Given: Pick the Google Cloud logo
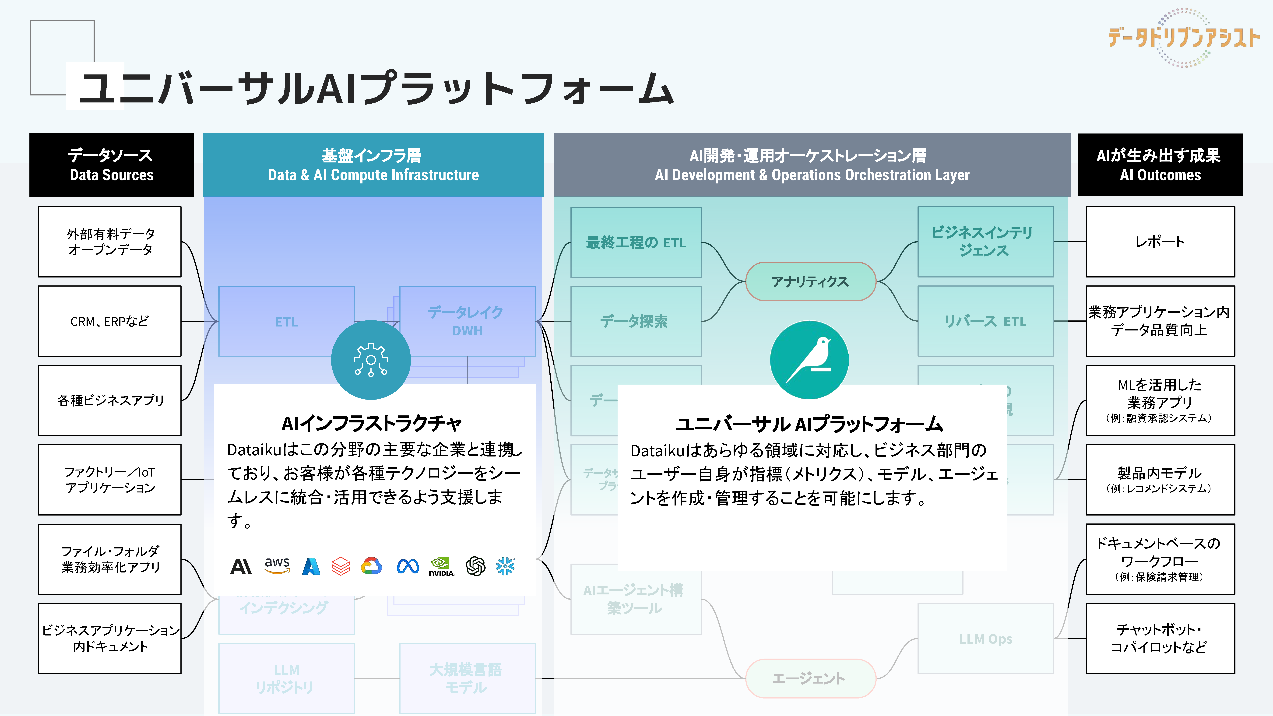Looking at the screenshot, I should (372, 566).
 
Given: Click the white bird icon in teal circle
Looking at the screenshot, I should (809, 360).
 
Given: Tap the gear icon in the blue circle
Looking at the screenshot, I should (371, 360).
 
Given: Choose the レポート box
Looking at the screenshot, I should (1160, 242).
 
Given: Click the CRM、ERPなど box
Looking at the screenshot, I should (109, 321).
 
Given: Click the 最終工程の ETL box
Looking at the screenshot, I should (636, 242).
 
